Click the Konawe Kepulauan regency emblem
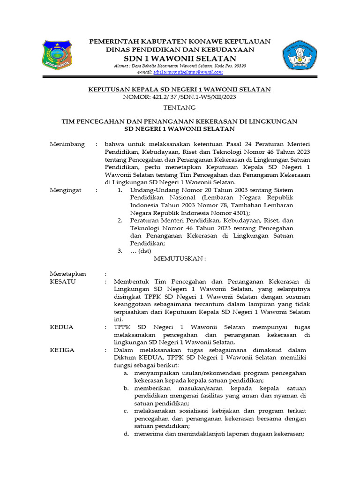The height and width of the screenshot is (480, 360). pos(57,55)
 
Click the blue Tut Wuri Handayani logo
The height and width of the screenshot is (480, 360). pos(300,55)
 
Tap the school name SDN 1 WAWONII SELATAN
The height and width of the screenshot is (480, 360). pos(180,58)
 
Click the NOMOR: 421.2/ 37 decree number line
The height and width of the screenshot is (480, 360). pos(180,97)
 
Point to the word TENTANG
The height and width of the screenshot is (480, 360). pos(180,108)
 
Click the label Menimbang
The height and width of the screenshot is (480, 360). pos(67,144)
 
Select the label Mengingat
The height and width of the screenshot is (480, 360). pos(66,190)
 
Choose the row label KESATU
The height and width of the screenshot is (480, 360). pos(63,282)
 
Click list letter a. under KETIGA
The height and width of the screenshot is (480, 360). pos(126,373)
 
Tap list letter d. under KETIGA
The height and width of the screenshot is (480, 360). pos(126,434)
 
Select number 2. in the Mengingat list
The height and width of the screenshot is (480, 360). pos(120,220)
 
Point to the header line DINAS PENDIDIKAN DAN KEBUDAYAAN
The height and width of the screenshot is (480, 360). pos(180,50)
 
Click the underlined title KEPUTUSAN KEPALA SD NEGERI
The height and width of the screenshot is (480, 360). pos(180,90)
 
